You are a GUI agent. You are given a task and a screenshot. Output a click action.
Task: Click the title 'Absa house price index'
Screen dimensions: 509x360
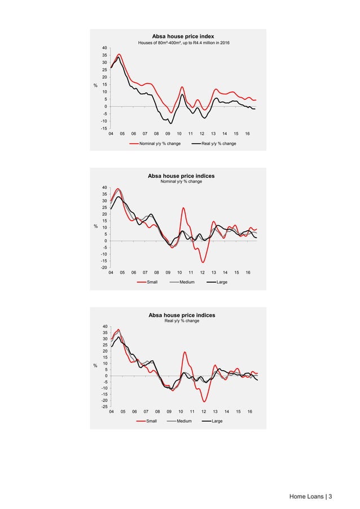pos(180,36)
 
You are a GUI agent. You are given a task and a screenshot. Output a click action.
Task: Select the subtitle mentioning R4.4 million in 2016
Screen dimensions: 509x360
pos(180,43)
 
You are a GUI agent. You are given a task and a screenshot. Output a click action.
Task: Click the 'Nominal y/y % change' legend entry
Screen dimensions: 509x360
pos(159,144)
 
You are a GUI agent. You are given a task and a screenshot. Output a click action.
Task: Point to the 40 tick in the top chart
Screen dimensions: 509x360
pos(105,47)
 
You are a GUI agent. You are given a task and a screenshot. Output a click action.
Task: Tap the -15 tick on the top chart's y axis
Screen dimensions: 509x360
pos(104,129)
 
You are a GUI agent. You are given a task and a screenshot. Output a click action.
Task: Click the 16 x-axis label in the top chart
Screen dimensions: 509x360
pos(247,134)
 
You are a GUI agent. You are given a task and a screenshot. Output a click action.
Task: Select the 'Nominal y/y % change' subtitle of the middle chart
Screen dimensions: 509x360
pos(181,182)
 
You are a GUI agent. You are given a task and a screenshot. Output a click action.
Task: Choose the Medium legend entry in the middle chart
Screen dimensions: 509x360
pos(187,282)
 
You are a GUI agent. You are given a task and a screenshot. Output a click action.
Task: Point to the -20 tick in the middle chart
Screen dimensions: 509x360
pos(104,267)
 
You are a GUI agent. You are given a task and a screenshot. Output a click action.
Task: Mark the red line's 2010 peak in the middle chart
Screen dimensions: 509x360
pos(183,208)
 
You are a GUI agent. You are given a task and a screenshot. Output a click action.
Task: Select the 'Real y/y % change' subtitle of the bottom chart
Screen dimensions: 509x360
pos(181,321)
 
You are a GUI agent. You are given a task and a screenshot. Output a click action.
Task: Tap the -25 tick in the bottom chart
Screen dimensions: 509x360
pos(104,407)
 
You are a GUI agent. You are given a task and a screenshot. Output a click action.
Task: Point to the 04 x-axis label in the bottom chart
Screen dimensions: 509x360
pos(111,413)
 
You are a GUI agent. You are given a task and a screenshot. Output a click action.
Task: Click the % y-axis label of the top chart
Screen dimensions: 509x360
pos(95,85)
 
